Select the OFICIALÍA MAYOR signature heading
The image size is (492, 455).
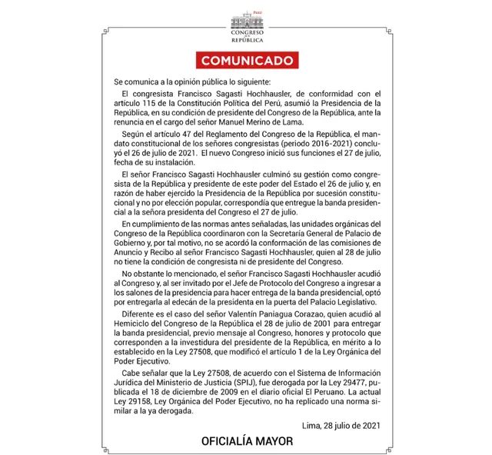[x=246, y=442]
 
